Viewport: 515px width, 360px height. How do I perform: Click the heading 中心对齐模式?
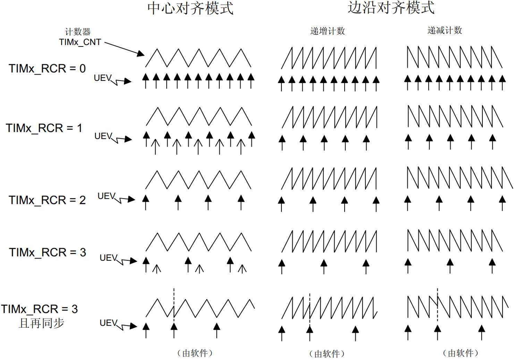[190, 8]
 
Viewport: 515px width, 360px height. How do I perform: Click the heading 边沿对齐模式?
[391, 8]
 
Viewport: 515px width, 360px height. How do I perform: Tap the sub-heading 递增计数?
[327, 31]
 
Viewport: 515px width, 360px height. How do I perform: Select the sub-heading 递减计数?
[445, 31]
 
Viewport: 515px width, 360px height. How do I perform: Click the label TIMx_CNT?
[80, 42]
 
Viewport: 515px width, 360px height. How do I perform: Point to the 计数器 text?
[78, 32]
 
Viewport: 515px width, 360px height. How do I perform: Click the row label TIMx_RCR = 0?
[47, 68]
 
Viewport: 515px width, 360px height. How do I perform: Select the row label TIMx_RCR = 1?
[44, 128]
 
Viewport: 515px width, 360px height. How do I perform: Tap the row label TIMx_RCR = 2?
[47, 200]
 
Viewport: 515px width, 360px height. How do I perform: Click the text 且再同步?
[42, 323]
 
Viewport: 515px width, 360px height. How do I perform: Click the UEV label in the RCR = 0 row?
[102, 78]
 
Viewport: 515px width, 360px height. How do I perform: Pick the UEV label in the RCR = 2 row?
[106, 196]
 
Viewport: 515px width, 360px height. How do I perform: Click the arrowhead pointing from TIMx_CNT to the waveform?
[141, 53]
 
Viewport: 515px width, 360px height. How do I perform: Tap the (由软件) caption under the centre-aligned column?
[195, 353]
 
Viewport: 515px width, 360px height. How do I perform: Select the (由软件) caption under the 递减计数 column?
[460, 353]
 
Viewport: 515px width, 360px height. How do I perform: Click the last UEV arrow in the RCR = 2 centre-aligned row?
[241, 202]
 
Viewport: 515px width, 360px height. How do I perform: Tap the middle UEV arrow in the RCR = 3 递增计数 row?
[324, 266]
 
